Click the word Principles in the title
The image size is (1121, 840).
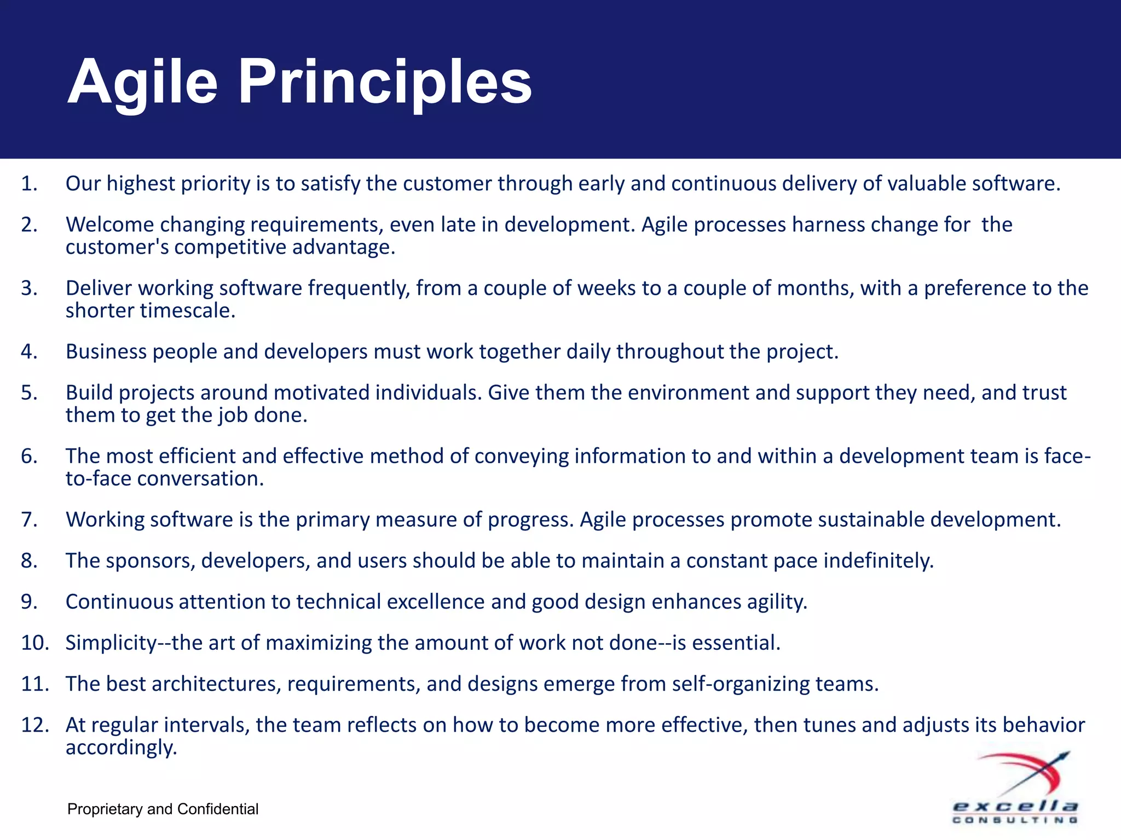(384, 83)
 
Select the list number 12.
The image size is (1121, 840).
(34, 725)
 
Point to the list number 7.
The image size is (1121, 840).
(28, 520)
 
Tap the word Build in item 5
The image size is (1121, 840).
(89, 393)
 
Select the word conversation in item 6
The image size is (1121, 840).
(200, 479)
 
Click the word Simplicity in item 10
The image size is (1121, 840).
(111, 643)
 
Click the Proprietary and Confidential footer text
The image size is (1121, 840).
(163, 809)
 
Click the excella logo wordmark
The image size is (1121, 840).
(1015, 806)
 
